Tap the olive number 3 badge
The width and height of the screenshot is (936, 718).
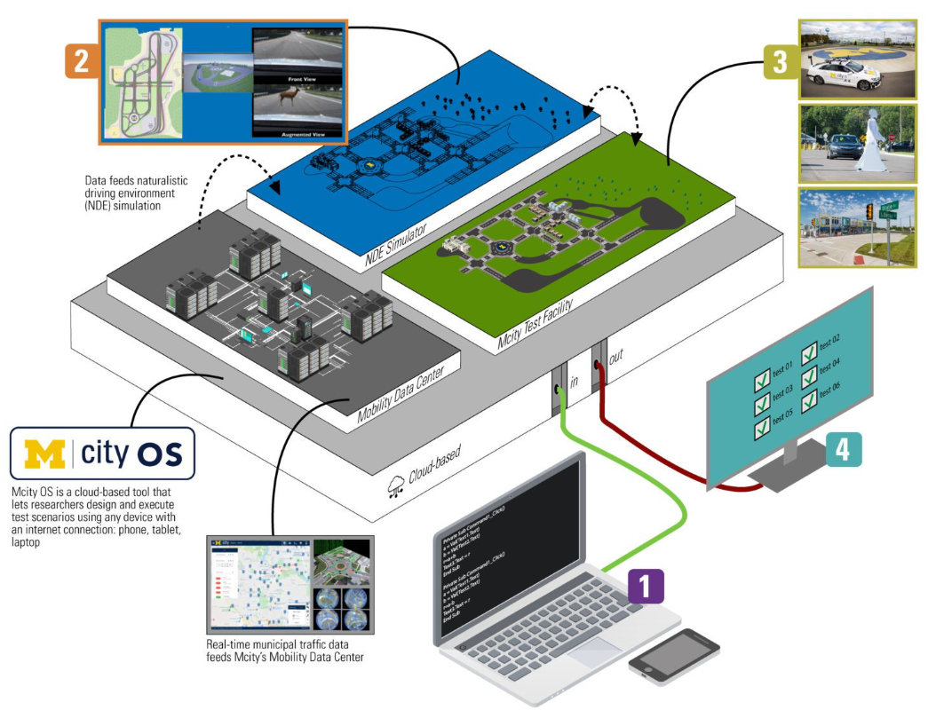click(x=780, y=63)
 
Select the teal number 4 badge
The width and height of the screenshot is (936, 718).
click(x=843, y=449)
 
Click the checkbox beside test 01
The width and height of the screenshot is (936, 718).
click(x=762, y=383)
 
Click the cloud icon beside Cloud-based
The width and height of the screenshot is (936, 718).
click(x=397, y=484)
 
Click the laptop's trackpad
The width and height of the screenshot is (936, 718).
click(x=594, y=651)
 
